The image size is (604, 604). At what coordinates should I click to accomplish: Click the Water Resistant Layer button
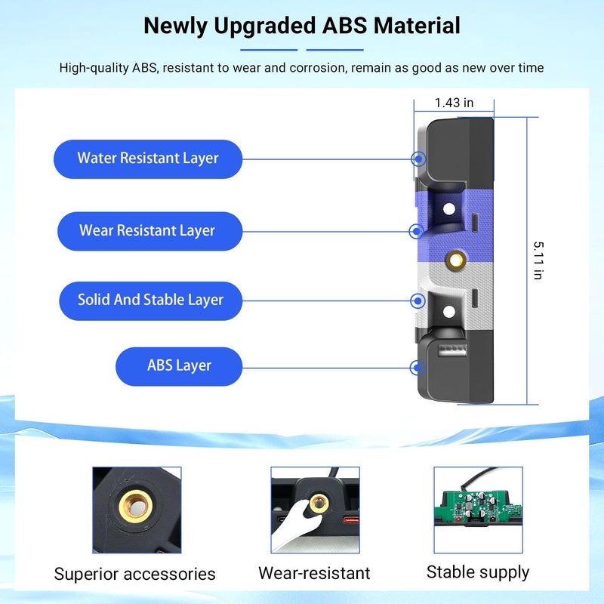[x=148, y=159]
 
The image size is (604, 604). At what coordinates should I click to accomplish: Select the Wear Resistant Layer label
[x=149, y=231]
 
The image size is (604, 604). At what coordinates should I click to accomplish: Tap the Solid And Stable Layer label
[x=150, y=300]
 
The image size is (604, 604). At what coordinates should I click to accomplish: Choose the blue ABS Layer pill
[x=179, y=366]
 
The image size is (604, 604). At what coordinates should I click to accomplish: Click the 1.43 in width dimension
[x=454, y=103]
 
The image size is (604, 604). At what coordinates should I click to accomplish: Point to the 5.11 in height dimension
[x=538, y=260]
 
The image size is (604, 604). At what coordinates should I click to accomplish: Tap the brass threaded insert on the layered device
[x=456, y=260]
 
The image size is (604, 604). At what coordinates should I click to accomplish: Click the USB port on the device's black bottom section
[x=453, y=350]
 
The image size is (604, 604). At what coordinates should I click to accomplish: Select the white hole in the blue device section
[x=449, y=209]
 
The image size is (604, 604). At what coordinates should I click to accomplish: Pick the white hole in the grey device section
[x=449, y=312]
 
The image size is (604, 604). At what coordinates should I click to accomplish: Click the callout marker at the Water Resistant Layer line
[x=418, y=159]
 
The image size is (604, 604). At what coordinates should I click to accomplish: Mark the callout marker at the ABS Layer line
[x=418, y=368]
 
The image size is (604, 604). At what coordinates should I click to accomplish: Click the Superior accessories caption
[x=135, y=574]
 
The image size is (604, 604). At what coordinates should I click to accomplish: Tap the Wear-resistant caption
[x=314, y=573]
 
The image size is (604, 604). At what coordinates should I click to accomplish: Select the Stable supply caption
[x=478, y=572]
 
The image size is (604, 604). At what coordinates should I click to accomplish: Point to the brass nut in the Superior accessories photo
[x=136, y=506]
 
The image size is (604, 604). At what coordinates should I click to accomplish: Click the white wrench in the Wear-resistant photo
[x=297, y=520]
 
